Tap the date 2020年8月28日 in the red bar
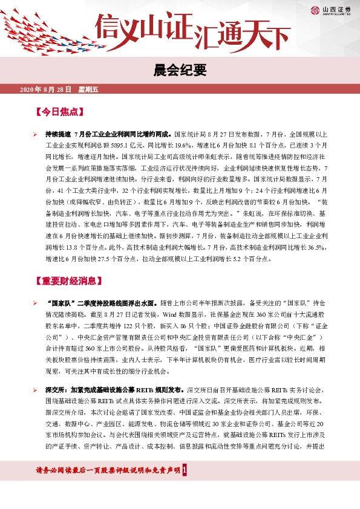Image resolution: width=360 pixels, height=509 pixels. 45,89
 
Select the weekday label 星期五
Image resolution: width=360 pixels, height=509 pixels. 88,89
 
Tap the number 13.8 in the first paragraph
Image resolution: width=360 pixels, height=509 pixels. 68,248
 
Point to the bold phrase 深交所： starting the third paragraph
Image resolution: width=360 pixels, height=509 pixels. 57,391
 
